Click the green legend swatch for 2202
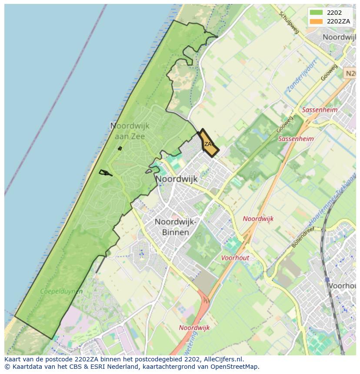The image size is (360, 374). click(316, 13)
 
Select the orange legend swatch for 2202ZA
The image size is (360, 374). click(316, 21)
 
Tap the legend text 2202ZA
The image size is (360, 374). click(338, 21)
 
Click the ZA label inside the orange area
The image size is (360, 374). click(208, 144)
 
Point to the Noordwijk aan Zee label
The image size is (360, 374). click(130, 131)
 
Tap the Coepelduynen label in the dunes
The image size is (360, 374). click(61, 291)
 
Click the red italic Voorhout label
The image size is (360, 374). click(235, 258)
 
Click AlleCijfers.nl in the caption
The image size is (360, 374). click(224, 359)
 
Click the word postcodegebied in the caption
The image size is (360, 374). click(164, 359)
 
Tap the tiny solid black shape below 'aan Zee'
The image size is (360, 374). click(120, 149)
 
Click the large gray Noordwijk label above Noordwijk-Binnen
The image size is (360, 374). click(177, 179)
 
